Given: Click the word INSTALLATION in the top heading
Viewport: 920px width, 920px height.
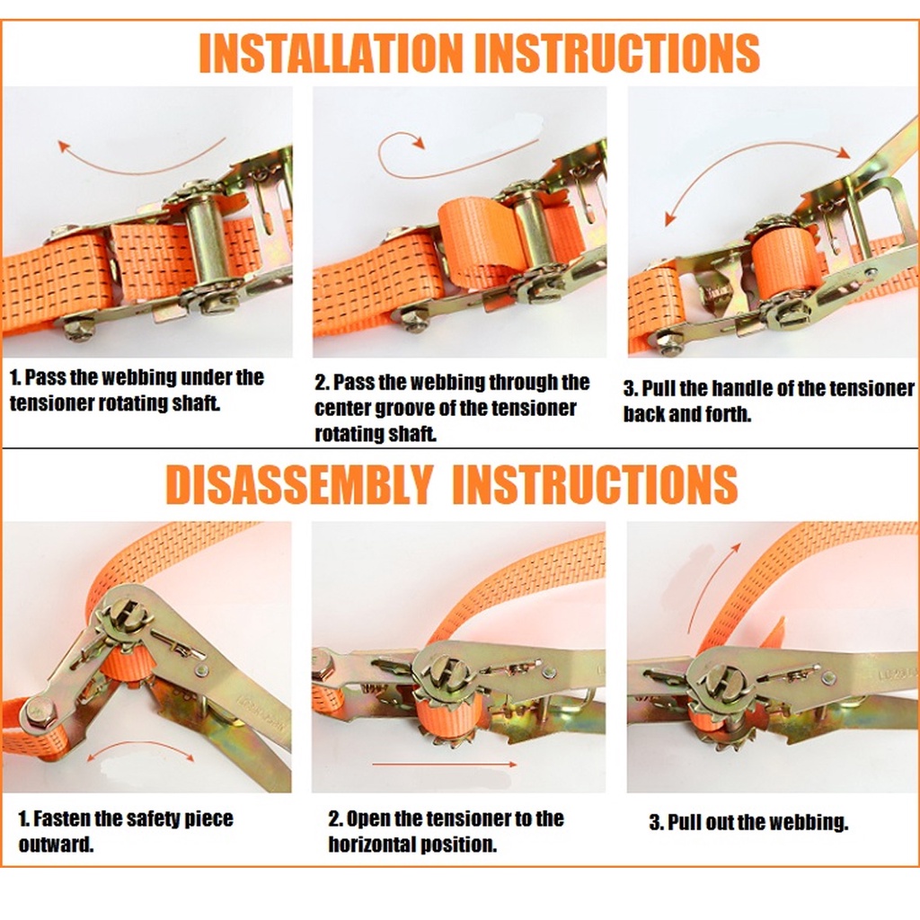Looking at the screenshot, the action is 331,53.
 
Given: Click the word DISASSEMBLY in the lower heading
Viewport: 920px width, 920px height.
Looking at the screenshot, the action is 299,484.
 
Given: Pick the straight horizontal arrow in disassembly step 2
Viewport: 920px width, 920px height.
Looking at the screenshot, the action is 444,764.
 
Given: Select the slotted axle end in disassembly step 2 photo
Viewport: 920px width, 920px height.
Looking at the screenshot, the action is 447,671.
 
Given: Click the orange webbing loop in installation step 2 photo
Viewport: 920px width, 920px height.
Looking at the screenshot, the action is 478,241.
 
